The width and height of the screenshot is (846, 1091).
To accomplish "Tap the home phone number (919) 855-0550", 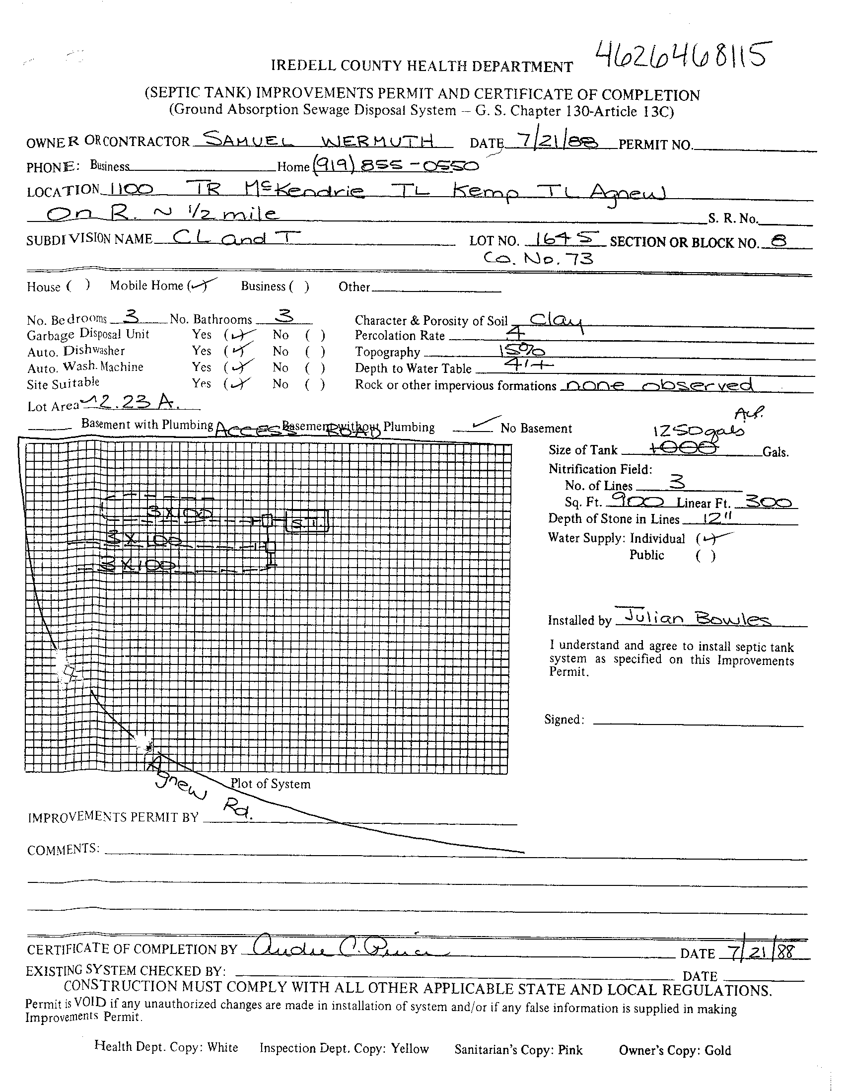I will tap(395, 165).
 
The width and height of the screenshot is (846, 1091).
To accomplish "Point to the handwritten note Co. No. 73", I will tap(538, 259).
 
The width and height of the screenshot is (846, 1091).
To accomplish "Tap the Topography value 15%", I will tap(521, 351).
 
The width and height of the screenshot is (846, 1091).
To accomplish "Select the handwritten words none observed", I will tap(656, 385).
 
